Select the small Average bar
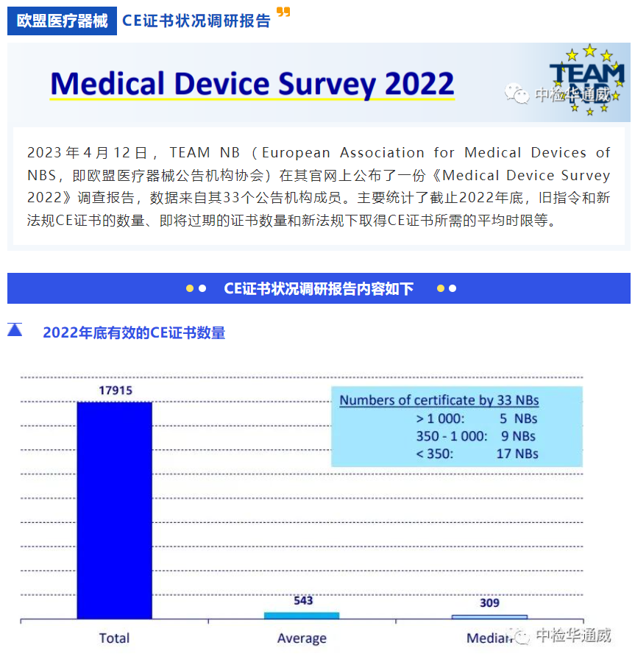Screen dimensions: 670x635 [302, 616]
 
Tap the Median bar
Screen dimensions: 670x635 [489, 617]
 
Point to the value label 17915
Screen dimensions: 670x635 [116, 391]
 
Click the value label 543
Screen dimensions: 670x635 [303, 600]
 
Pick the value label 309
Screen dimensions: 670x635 [489, 603]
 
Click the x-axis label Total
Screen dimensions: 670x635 [114, 638]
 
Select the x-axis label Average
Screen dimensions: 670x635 [302, 638]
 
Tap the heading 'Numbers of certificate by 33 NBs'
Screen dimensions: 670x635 [439, 401]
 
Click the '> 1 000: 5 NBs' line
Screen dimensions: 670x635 [476, 418]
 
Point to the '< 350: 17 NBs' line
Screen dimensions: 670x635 [476, 454]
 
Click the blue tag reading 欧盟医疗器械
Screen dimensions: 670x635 [63, 21]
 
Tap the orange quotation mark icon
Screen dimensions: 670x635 [283, 13]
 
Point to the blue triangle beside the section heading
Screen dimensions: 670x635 [15, 330]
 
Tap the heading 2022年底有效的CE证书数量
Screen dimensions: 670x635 [134, 332]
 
